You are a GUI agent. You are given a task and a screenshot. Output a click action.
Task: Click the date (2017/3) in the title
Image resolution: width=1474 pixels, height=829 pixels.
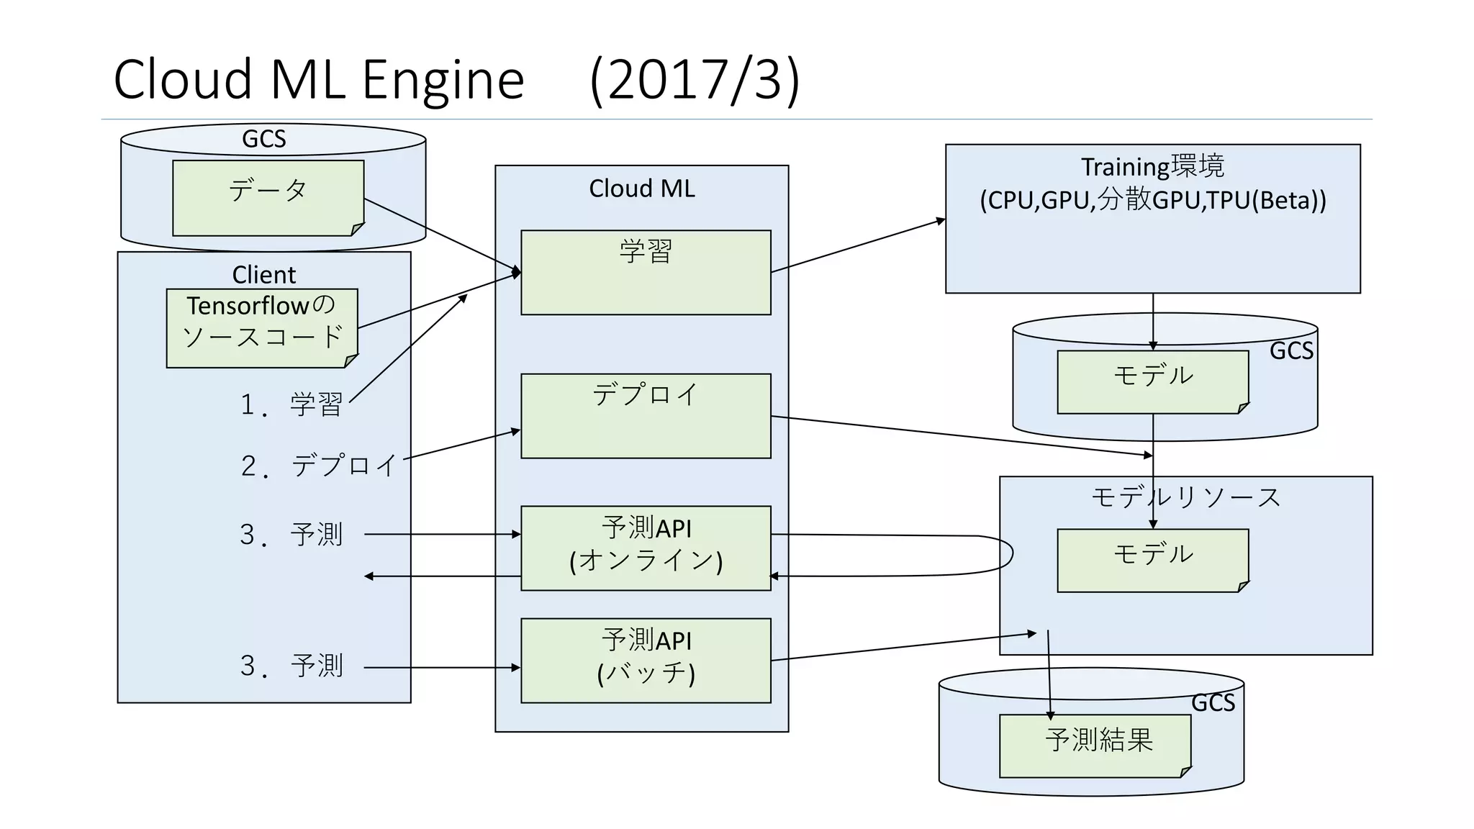(x=695, y=79)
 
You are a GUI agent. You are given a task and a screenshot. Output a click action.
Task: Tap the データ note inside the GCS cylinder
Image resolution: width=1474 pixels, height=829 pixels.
(x=268, y=198)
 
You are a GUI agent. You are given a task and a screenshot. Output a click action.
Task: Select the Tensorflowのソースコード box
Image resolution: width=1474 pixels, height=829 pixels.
(x=261, y=328)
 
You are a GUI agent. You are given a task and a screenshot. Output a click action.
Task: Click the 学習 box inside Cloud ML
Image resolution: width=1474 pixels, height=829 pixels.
(x=646, y=272)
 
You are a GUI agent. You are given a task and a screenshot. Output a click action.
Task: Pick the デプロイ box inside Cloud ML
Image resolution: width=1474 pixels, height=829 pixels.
(x=646, y=415)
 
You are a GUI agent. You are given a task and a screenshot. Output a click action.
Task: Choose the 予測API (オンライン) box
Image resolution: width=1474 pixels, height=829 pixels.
(x=646, y=548)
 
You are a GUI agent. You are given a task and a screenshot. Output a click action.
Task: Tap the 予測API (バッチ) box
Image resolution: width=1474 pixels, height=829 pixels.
(x=646, y=660)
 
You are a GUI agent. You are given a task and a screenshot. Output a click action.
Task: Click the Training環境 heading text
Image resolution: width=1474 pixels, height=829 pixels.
(x=1152, y=167)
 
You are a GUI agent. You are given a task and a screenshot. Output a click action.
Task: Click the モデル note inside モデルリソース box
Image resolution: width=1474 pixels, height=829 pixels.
(x=1152, y=560)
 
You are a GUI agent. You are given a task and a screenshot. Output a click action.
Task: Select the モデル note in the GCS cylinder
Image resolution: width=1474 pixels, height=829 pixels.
(x=1152, y=381)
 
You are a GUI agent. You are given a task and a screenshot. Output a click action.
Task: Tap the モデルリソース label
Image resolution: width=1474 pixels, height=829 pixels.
(x=1185, y=497)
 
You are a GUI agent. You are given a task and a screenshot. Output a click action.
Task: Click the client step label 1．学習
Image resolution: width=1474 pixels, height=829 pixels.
(x=291, y=404)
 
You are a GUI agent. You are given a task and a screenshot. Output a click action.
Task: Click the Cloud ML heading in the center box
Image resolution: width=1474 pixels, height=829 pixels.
(x=641, y=189)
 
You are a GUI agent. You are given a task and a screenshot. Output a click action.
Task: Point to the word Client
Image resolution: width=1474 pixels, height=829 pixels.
(x=263, y=275)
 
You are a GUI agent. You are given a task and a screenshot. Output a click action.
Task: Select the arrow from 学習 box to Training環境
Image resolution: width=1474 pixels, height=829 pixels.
(x=856, y=246)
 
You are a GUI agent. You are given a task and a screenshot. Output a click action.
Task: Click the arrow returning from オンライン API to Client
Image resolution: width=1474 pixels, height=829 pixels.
(x=443, y=576)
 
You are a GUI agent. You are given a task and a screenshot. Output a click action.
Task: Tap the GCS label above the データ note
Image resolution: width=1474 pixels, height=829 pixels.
(x=263, y=139)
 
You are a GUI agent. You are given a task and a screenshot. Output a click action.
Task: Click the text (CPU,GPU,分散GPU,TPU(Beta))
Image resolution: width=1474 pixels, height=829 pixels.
(x=1152, y=200)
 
